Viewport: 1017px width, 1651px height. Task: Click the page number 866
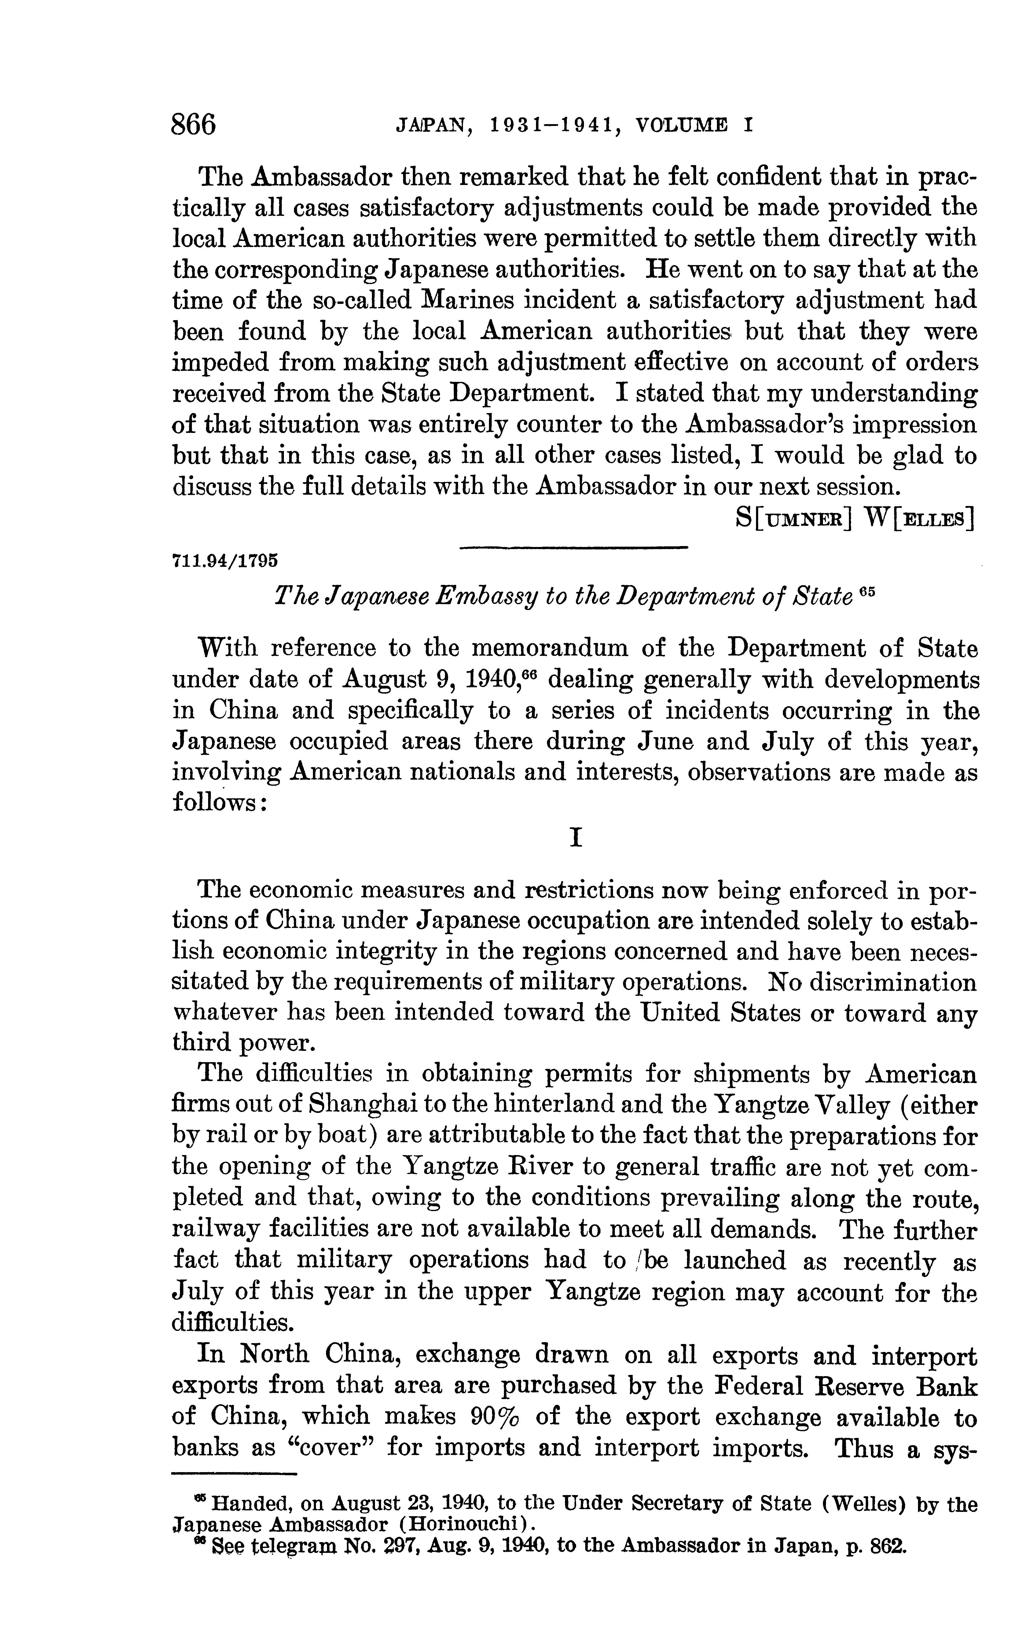[x=194, y=125]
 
